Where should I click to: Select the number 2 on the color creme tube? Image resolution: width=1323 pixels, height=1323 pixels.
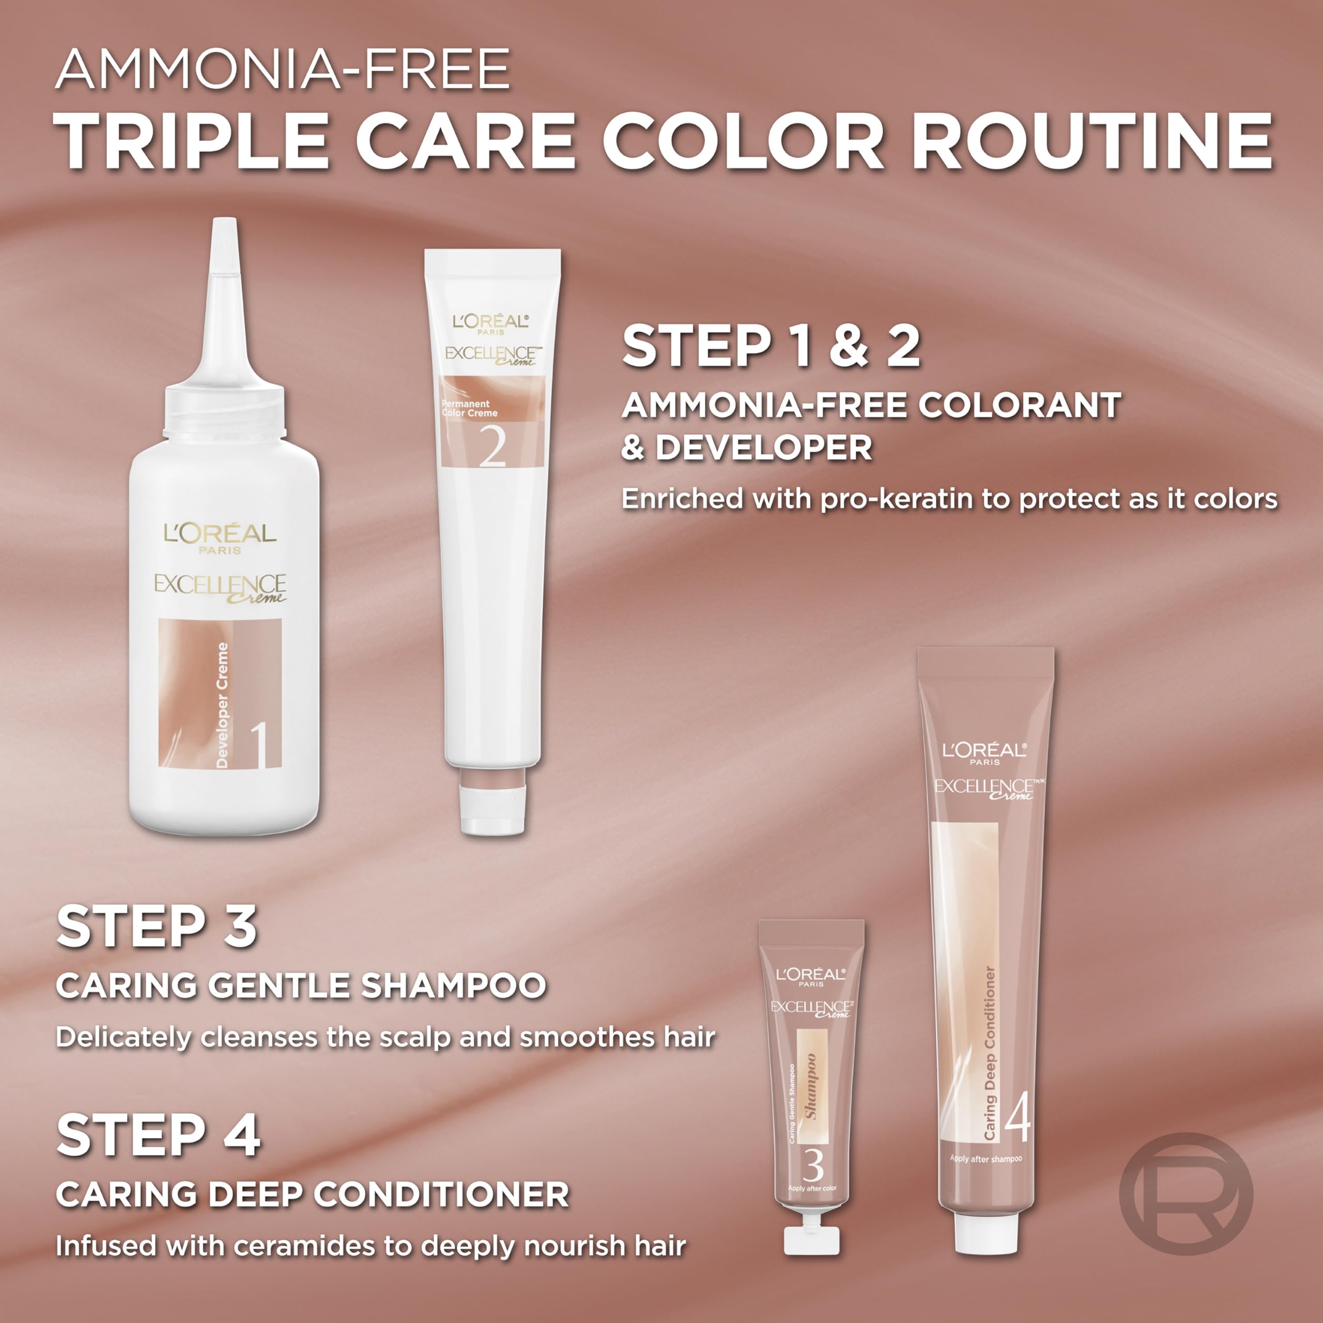493,447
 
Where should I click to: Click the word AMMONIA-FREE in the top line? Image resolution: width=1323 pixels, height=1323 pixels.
282,69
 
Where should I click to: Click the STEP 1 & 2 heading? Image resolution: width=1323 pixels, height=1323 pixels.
771,346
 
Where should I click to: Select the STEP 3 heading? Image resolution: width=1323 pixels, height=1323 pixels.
157,927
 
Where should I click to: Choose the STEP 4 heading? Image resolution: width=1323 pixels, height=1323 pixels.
158,1136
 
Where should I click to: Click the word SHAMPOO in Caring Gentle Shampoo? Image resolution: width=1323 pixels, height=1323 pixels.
453,986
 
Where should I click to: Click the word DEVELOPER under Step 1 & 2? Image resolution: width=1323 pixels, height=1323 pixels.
763,448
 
